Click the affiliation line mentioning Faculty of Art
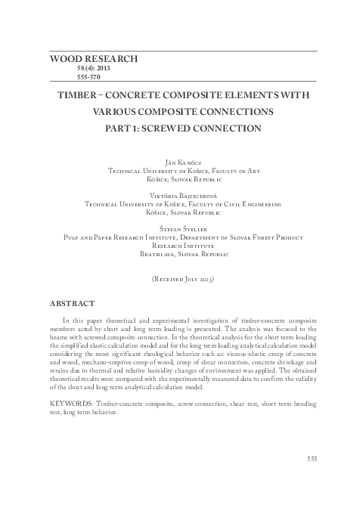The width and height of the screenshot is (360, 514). click(185, 172)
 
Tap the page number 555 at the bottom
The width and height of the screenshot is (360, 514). click(312, 457)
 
